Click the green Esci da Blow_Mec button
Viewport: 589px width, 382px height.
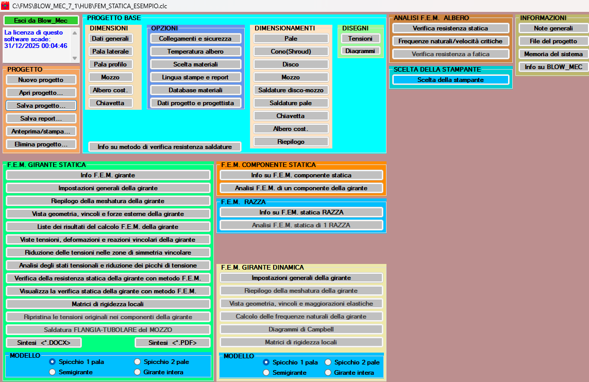(41, 21)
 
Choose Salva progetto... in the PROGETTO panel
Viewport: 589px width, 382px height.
(41, 106)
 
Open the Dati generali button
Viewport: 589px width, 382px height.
(110, 39)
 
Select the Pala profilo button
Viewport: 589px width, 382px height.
(110, 64)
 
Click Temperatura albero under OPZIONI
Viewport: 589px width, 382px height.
(195, 52)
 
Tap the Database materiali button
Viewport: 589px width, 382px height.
(195, 90)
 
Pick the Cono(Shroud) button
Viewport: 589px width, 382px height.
(291, 52)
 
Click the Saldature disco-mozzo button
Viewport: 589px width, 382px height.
(291, 90)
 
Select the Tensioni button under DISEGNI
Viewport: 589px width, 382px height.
(360, 39)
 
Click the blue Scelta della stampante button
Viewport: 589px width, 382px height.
(450, 80)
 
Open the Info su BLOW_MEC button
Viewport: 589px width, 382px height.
(553, 67)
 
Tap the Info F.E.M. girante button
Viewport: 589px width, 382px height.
(108, 175)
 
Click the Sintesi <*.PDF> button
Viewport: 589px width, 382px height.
(172, 343)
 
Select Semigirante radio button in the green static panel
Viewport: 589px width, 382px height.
(52, 372)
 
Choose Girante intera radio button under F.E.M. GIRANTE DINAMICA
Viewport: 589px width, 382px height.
(328, 372)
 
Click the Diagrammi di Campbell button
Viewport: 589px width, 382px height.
(301, 329)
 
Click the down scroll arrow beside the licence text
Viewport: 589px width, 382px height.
(74, 58)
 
